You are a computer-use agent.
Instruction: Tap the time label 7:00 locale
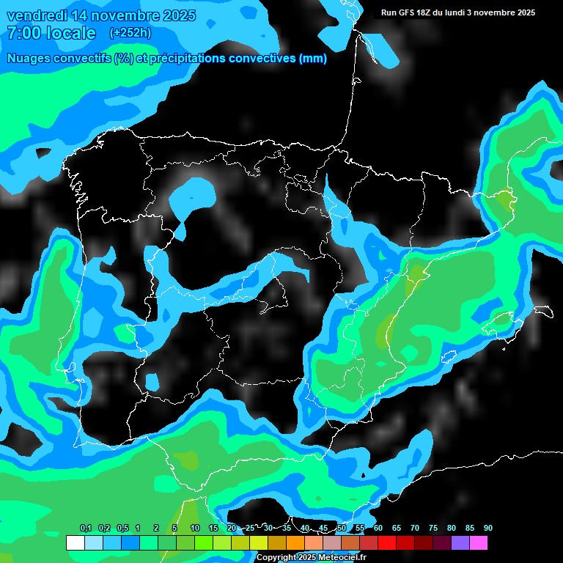[51, 33]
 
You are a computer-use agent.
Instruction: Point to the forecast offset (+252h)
[130, 33]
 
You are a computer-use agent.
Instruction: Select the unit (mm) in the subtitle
[313, 59]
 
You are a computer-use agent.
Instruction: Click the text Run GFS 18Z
[405, 12]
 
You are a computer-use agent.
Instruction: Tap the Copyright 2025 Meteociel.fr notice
[311, 557]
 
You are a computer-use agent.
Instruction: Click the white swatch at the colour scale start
[75, 543]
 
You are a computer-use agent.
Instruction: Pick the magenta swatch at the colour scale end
[478, 543]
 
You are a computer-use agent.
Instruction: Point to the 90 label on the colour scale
[487, 529]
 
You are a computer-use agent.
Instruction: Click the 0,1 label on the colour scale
[85, 529]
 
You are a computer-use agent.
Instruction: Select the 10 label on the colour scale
[194, 529]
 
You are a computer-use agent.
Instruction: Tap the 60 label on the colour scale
[378, 529]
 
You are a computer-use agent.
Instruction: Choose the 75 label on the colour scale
[433, 529]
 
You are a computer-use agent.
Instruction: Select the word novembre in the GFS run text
[497, 12]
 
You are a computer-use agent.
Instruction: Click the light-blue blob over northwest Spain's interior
[193, 196]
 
